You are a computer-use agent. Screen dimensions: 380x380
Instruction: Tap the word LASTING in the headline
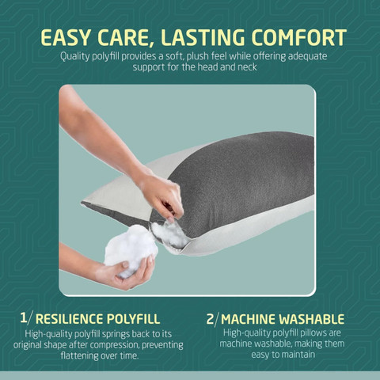pos(203,37)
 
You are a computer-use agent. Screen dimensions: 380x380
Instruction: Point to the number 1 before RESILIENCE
pos(24,318)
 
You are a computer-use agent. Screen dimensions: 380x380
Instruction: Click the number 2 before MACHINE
pos(210,319)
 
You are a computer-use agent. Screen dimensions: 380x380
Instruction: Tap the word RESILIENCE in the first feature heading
pos(69,319)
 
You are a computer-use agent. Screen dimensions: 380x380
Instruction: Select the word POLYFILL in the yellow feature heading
pos(133,319)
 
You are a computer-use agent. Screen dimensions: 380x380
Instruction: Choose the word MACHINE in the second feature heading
pos(249,319)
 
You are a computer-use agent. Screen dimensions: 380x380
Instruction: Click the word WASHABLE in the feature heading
pos(312,319)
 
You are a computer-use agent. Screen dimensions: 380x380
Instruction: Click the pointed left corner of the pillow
pos(82,203)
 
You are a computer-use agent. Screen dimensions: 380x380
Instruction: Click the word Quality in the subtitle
pos(75,57)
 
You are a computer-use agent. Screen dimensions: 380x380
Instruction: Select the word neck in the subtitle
pos(247,67)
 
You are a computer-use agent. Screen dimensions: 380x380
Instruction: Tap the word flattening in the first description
pos(79,355)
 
